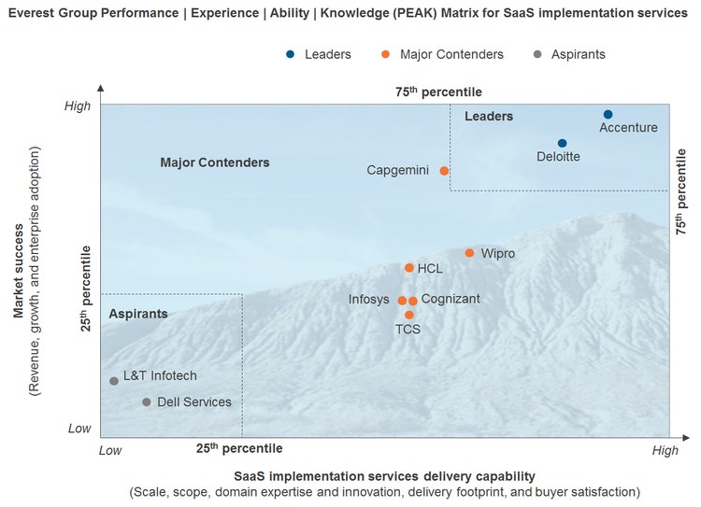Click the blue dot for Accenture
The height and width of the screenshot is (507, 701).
click(608, 114)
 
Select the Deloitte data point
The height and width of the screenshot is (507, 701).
click(562, 143)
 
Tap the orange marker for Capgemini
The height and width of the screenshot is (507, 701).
click(444, 171)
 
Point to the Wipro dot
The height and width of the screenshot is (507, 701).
click(469, 253)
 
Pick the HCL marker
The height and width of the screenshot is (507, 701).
click(408, 268)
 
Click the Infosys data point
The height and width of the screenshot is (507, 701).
click(402, 301)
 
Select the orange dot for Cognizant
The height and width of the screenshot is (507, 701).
click(413, 301)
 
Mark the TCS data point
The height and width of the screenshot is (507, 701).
click(408, 315)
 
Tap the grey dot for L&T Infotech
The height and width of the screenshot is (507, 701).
click(114, 381)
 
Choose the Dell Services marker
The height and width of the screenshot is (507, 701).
click(146, 402)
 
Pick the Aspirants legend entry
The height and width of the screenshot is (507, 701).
click(569, 54)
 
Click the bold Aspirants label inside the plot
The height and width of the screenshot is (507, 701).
click(138, 314)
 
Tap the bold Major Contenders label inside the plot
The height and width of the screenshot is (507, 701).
click(215, 162)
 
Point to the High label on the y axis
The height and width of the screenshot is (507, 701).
click(78, 106)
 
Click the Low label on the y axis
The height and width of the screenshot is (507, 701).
click(79, 429)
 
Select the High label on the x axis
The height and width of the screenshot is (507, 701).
click(665, 451)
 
